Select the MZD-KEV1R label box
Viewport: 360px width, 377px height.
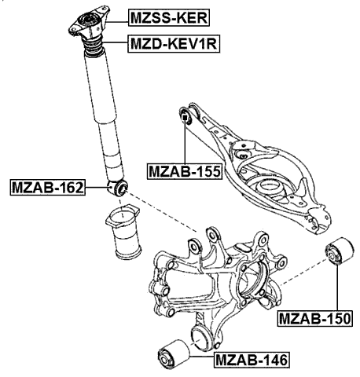(x=174, y=45)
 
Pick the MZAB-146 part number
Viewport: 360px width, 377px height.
(x=251, y=361)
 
